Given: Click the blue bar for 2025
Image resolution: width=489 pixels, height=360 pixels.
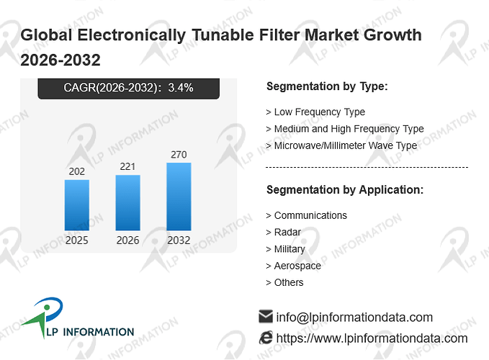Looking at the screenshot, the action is (x=77, y=205).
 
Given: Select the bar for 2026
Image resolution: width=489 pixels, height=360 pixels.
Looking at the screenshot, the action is (x=128, y=202).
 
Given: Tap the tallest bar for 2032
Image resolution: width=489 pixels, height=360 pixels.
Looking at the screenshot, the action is (x=179, y=197).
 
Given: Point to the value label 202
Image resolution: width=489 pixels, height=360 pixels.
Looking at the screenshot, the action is (x=77, y=171).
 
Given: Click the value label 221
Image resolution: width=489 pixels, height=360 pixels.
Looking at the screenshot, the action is (x=127, y=166).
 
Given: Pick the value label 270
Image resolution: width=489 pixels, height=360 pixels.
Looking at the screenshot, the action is (x=179, y=155).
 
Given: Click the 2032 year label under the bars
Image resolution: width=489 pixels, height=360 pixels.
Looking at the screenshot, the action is (x=179, y=240).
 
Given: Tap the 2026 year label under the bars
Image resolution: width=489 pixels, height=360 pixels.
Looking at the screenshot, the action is (x=128, y=240).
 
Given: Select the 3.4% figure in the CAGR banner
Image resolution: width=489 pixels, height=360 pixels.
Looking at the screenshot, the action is (x=181, y=88).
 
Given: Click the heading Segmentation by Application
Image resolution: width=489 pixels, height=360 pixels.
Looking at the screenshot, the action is (x=345, y=190).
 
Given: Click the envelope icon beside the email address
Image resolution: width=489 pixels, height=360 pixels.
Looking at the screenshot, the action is (x=266, y=316).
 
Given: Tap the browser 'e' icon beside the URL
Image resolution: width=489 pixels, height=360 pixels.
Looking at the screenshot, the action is (x=266, y=338).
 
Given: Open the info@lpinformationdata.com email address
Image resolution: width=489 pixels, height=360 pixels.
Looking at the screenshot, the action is (x=354, y=318).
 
